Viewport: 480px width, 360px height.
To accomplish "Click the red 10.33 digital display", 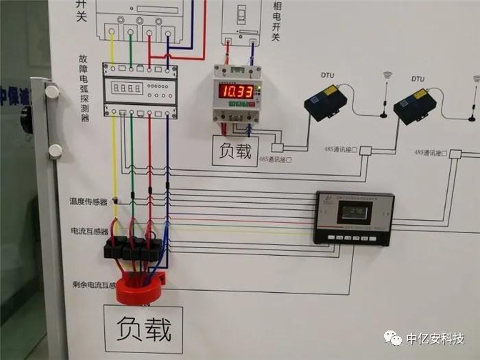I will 237,91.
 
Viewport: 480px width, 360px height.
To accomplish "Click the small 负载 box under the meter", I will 235,151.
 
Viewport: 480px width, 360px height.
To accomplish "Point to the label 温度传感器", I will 88,202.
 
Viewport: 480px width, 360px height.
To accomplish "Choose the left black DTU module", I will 326,103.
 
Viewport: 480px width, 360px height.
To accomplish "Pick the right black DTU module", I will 416,106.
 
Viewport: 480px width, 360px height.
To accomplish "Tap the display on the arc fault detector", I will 128,88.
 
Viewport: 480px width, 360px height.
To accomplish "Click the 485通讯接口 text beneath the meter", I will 276,160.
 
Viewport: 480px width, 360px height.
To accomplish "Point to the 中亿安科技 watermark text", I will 435,339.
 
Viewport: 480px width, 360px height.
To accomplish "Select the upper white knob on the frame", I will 51,90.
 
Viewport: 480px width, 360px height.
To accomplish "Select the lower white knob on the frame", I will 55,150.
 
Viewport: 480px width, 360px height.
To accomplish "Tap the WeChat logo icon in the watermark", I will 393,338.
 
